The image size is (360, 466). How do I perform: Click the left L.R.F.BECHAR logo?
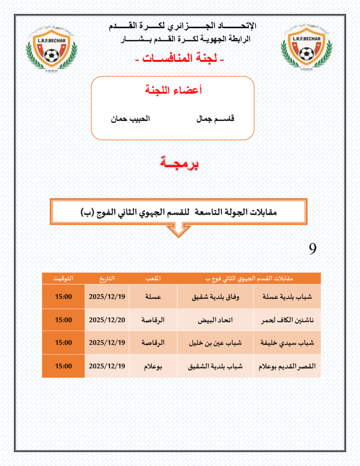52,47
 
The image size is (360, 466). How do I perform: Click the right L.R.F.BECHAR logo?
307,47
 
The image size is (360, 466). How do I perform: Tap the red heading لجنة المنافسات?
180,59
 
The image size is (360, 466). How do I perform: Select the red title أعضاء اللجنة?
172,90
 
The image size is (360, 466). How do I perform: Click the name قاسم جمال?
215,119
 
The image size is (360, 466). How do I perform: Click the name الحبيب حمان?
130,119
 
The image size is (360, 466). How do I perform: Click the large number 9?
312,248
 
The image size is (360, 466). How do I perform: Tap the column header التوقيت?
63,278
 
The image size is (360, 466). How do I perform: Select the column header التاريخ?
107,278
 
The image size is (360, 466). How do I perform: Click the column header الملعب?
153,278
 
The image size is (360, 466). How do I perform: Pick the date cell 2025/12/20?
107,319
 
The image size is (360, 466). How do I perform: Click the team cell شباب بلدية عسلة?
287,296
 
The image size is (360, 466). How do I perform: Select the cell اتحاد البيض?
215,319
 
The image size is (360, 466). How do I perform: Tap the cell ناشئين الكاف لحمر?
287,319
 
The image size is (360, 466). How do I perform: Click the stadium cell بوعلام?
153,366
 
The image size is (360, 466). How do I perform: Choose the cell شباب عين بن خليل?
215,343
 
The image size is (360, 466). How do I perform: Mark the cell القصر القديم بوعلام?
287,366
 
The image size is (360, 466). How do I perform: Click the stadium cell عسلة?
153,296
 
